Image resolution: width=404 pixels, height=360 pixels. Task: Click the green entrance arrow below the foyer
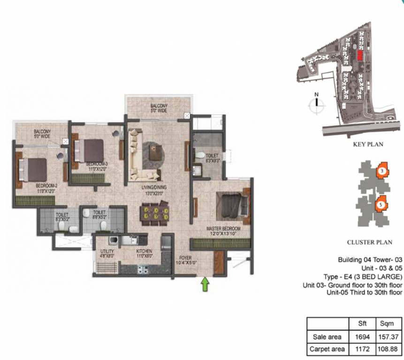[x=205, y=285]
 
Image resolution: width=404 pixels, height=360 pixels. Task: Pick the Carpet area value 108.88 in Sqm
[x=389, y=349]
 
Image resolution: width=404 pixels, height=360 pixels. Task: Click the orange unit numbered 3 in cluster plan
[x=382, y=171]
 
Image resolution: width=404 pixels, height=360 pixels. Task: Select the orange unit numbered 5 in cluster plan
[x=381, y=204]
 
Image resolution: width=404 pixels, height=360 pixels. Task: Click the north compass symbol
[x=317, y=104]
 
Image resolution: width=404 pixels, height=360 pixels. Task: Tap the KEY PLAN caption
[x=368, y=144]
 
